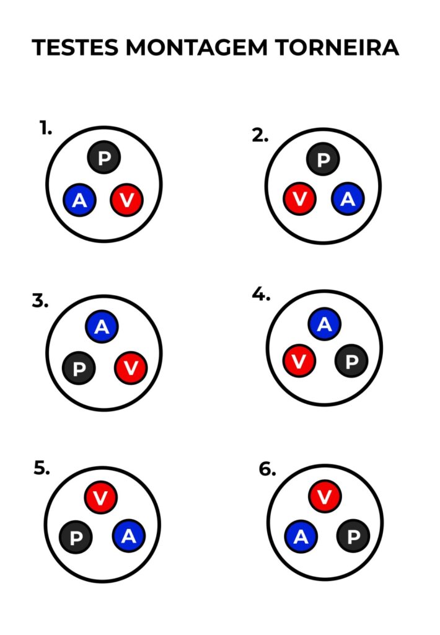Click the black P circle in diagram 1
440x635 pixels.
pos(103,158)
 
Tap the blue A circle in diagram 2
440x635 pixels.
pos(348,199)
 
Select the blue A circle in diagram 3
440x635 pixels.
pos(102,327)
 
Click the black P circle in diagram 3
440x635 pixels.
pos(79,369)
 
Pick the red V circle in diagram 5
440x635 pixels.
pos(101,497)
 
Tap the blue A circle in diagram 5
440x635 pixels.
pos(128,536)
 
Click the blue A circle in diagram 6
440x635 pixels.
pos(301,537)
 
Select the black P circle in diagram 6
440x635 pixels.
pos(353,536)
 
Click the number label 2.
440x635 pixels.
pos(260,136)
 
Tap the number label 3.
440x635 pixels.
pos(40,301)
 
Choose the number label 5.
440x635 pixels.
pos(42,468)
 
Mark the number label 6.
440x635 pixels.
pos(267,469)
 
